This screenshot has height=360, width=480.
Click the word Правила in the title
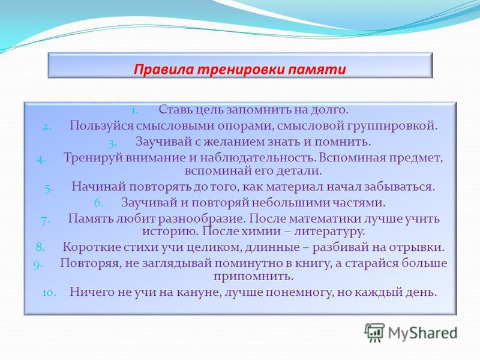164,70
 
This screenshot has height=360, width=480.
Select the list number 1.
134,110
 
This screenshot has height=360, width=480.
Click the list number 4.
41,160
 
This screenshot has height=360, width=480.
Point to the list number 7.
45,220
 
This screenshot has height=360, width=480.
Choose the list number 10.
49,293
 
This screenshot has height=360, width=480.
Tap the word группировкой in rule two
392,126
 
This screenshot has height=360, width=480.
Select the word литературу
329,232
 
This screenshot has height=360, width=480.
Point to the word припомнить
253,277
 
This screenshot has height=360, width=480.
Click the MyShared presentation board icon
374,333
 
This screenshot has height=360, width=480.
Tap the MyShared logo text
423,333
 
